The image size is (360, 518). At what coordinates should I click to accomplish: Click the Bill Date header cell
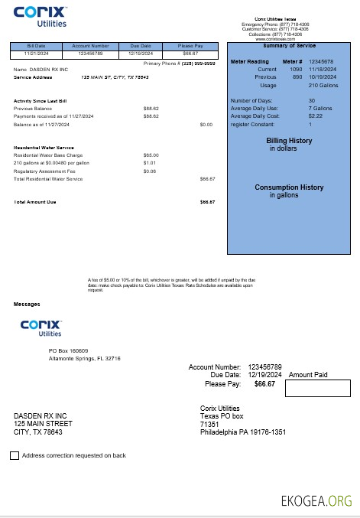[36, 46]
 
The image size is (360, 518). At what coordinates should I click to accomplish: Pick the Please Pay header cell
[191, 46]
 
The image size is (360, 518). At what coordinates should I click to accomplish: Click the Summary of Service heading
[289, 46]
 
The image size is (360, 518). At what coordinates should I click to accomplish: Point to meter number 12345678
[326, 61]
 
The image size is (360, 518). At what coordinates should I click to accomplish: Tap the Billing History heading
[289, 141]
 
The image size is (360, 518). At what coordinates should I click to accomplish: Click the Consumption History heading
[289, 187]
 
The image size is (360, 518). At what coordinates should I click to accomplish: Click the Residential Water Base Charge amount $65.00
[151, 155]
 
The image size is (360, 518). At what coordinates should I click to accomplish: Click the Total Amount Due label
[35, 202]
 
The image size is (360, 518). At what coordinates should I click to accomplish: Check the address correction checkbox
[15, 456]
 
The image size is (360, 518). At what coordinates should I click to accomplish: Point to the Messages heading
[27, 304]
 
